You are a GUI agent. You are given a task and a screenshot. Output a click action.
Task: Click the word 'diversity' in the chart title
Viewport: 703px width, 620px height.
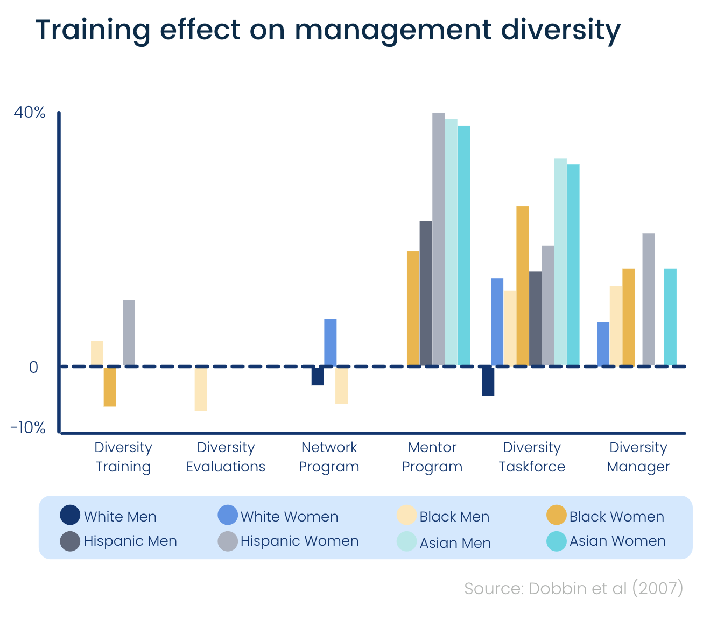[x=560, y=30]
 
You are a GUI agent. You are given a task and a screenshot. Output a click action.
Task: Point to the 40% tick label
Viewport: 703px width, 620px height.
[x=30, y=112]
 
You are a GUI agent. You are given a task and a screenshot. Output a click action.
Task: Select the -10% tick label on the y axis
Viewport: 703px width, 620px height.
[x=28, y=428]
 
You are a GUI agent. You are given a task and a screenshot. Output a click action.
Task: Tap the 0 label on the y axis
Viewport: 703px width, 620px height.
[x=33, y=367]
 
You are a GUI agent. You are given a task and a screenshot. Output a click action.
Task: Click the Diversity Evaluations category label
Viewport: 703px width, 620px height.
[x=226, y=457]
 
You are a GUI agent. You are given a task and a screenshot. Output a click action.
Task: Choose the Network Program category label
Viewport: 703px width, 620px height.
[x=329, y=457]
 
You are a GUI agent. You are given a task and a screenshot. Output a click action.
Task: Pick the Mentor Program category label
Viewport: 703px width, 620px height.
[x=432, y=457]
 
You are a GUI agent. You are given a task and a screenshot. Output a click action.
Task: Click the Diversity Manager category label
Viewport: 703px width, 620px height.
[x=638, y=457]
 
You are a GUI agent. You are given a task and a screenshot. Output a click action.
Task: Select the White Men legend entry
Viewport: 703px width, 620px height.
[x=109, y=516]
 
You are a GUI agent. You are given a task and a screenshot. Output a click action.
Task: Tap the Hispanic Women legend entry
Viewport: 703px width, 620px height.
[x=289, y=541]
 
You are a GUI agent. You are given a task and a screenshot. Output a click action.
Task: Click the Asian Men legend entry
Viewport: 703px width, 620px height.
[x=444, y=542]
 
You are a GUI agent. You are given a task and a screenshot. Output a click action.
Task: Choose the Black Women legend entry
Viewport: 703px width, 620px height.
[x=606, y=516]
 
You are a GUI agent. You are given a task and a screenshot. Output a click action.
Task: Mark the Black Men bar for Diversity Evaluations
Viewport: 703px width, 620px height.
[x=201, y=389]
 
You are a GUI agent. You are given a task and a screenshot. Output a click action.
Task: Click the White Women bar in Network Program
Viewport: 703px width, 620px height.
[x=331, y=342]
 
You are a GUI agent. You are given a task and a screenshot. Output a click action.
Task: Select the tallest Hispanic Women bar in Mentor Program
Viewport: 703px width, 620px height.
[x=438, y=239]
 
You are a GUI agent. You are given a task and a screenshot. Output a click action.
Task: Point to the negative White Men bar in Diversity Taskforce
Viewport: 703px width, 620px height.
[x=488, y=381]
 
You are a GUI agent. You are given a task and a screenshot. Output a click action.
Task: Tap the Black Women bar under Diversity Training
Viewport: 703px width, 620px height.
[x=110, y=386]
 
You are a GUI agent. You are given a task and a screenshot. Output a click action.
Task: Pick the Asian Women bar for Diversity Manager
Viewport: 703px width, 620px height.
[x=670, y=317]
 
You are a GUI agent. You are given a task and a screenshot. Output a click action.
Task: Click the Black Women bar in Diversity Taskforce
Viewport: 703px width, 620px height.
[x=522, y=286]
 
